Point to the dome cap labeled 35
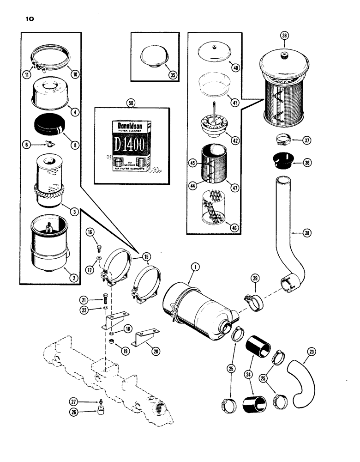coord(150,54)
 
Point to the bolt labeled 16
coord(98,241)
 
